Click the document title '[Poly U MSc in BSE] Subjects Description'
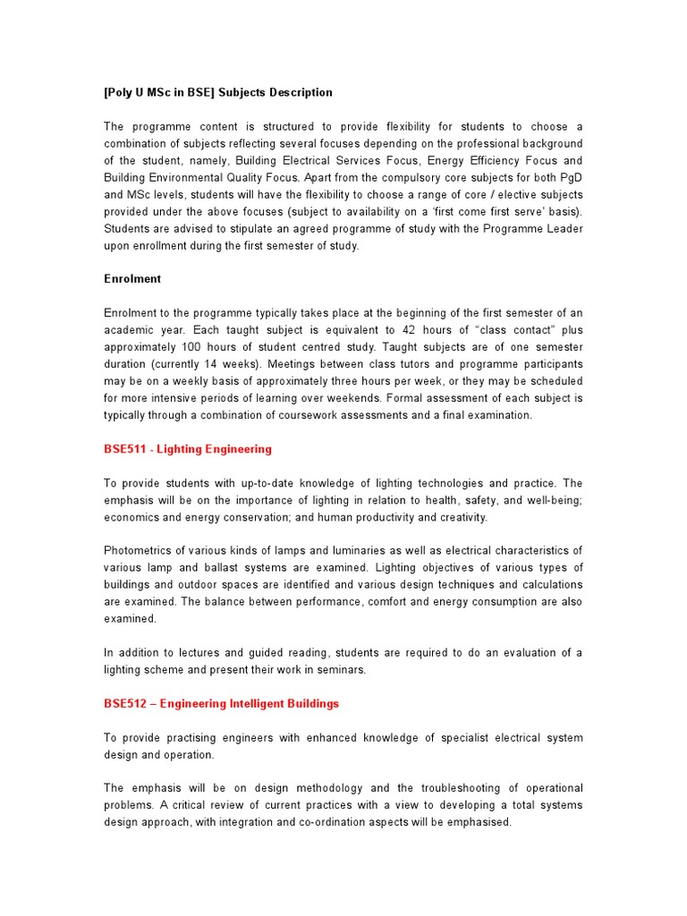click(x=218, y=92)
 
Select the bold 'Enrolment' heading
click(x=132, y=279)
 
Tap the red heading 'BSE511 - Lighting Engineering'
click(x=188, y=449)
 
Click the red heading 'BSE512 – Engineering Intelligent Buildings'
click(x=222, y=704)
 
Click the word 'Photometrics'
click(x=136, y=550)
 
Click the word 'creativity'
click(x=460, y=517)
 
